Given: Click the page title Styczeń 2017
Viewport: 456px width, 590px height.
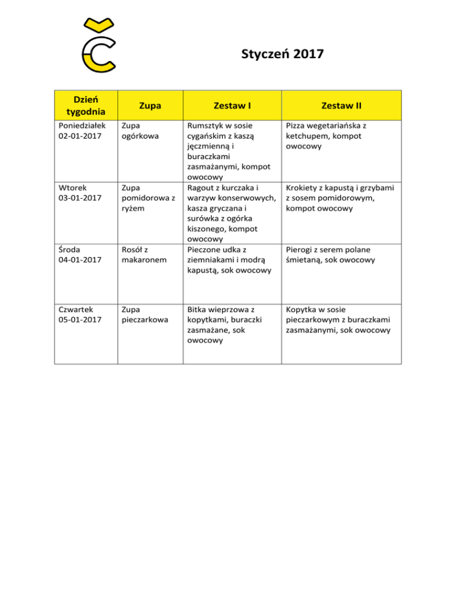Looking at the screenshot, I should click(283, 55).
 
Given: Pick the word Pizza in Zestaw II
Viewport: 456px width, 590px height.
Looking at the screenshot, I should click(297, 126).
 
